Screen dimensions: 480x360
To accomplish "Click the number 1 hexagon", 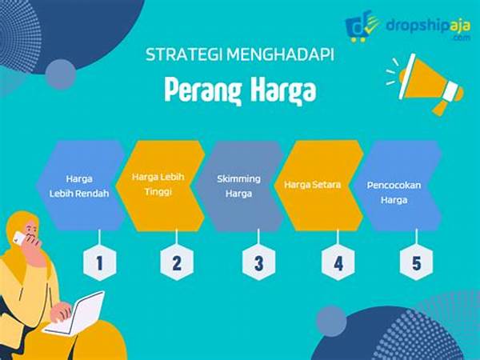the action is (x=99, y=262).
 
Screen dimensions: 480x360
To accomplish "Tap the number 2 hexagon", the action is (x=177, y=262).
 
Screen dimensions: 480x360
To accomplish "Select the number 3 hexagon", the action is (x=258, y=262).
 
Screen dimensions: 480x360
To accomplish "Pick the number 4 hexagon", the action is (x=338, y=262).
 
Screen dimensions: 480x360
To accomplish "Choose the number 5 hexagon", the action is (x=416, y=262).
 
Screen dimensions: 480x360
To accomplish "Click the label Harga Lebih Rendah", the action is (x=79, y=186).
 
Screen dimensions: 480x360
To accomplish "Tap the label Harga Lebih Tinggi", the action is (x=158, y=184).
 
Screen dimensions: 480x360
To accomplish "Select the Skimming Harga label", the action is (x=238, y=186).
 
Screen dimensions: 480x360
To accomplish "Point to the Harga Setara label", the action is (x=312, y=185).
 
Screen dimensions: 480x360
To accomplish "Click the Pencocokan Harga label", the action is (x=394, y=193).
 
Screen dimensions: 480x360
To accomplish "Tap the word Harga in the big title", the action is (x=283, y=90).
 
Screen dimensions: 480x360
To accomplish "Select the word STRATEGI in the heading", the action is (x=184, y=54).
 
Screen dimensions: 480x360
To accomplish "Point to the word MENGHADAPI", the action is (x=281, y=54).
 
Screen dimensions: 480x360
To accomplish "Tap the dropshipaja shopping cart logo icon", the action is (x=362, y=26).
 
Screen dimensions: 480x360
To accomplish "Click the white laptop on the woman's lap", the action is (x=75, y=314).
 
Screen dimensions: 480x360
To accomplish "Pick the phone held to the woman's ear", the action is (x=19, y=238).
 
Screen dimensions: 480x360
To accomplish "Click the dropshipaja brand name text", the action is (x=428, y=26).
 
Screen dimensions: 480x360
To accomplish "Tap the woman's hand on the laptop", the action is (x=62, y=311).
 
